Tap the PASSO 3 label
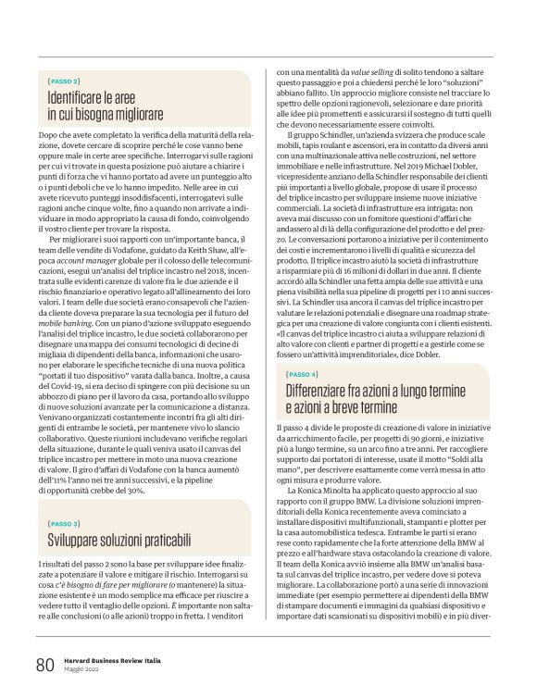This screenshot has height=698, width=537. click(x=65, y=523)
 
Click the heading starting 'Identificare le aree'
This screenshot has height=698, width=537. click(x=106, y=105)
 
